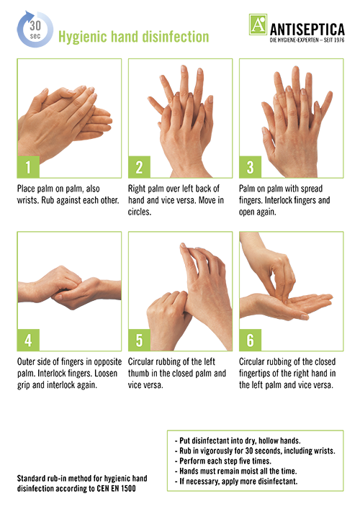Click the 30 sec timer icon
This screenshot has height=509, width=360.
click(x=35, y=30)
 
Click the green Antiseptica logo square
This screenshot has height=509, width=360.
click(x=258, y=24)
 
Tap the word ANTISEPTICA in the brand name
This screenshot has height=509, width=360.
click(x=307, y=30)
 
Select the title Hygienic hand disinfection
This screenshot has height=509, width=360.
click(x=133, y=37)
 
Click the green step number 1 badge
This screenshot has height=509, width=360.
click(x=28, y=167)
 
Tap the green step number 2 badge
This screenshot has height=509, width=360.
click(x=139, y=167)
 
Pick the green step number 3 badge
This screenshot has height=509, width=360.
click(x=251, y=167)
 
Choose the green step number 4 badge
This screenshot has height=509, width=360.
click(x=28, y=340)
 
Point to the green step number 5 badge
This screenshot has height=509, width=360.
click(x=139, y=340)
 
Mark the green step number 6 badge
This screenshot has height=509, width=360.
click(x=251, y=340)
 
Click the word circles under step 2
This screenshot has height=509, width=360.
click(x=140, y=212)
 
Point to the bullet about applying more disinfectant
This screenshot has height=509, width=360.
click(x=236, y=481)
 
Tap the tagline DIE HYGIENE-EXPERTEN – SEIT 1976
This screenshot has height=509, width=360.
click(x=307, y=40)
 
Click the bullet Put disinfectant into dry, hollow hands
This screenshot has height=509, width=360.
click(x=238, y=441)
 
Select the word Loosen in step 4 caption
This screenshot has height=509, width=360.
click(x=106, y=374)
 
